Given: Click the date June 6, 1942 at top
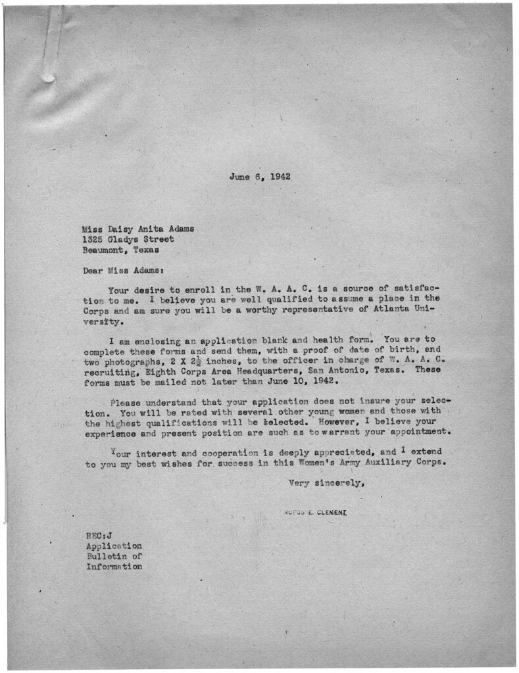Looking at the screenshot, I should pyautogui.click(x=260, y=177).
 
